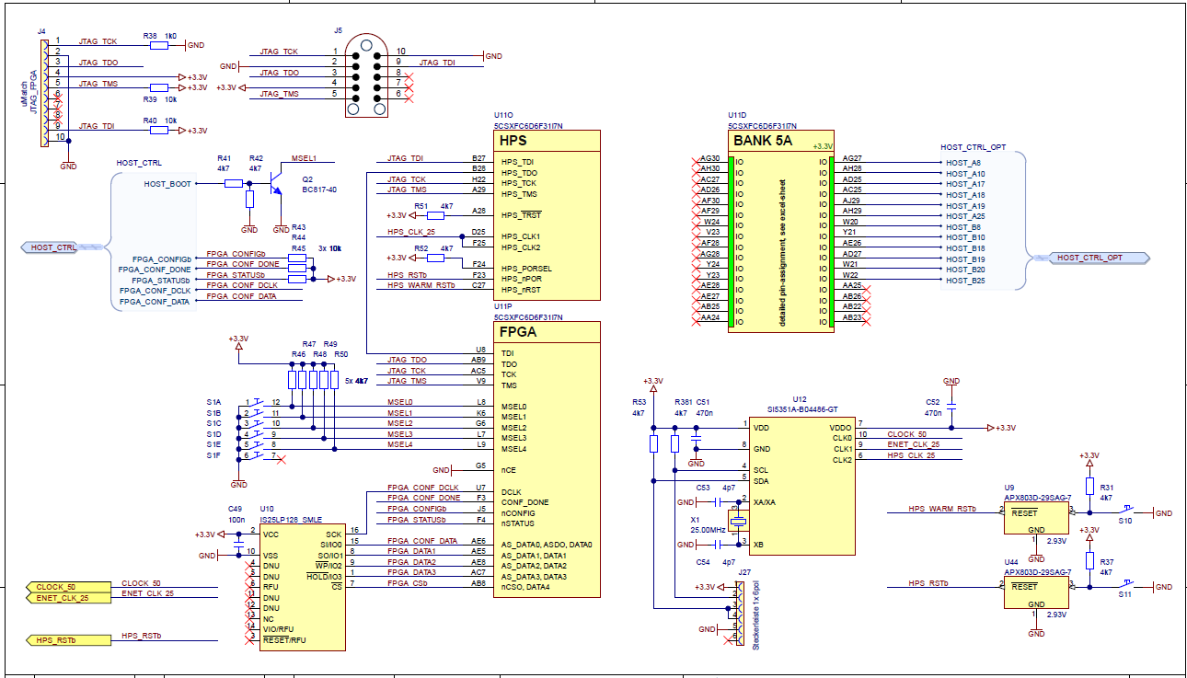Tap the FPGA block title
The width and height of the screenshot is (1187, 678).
click(518, 332)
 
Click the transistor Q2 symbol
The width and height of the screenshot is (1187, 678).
click(275, 188)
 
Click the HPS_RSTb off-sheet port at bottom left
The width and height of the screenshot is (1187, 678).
click(55, 639)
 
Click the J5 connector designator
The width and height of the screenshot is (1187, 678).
click(339, 29)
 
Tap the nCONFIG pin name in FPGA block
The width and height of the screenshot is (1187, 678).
click(519, 512)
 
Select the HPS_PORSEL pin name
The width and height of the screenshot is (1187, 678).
click(526, 269)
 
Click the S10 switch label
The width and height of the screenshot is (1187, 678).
click(1124, 521)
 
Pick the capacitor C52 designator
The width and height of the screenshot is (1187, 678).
click(933, 402)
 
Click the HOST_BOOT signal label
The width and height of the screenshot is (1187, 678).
click(167, 184)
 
